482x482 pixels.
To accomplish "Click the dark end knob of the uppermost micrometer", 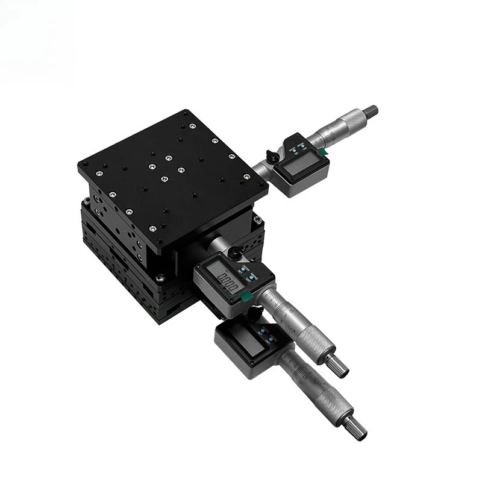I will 372,110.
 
